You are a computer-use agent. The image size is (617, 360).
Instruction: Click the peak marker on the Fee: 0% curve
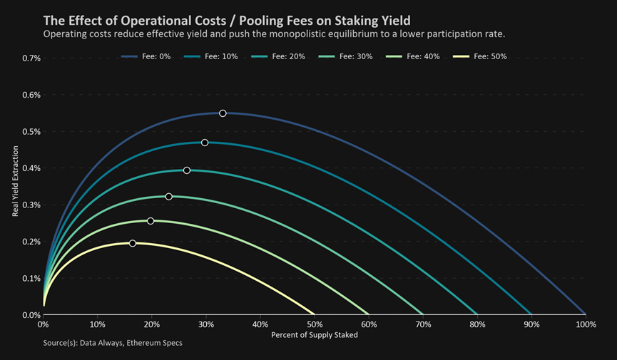tap(223, 113)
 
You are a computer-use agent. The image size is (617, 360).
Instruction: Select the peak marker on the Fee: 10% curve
tap(205, 143)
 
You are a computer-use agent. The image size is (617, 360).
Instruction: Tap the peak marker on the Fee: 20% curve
tap(187, 170)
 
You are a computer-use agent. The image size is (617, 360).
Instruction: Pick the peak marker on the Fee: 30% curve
tap(168, 197)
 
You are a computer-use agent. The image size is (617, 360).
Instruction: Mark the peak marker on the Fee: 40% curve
tap(151, 221)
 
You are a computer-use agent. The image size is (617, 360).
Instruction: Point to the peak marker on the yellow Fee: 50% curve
tap(133, 243)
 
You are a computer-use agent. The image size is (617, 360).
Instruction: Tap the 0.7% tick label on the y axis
tap(31, 58)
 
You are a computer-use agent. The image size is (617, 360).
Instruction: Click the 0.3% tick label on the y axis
tap(31, 205)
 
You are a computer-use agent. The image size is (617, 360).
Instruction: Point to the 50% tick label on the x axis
tap(315, 325)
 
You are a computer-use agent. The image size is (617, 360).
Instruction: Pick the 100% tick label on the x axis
tap(586, 325)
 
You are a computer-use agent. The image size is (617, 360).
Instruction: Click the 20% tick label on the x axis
tap(152, 325)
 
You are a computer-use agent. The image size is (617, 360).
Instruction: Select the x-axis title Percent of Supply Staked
tap(315, 335)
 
